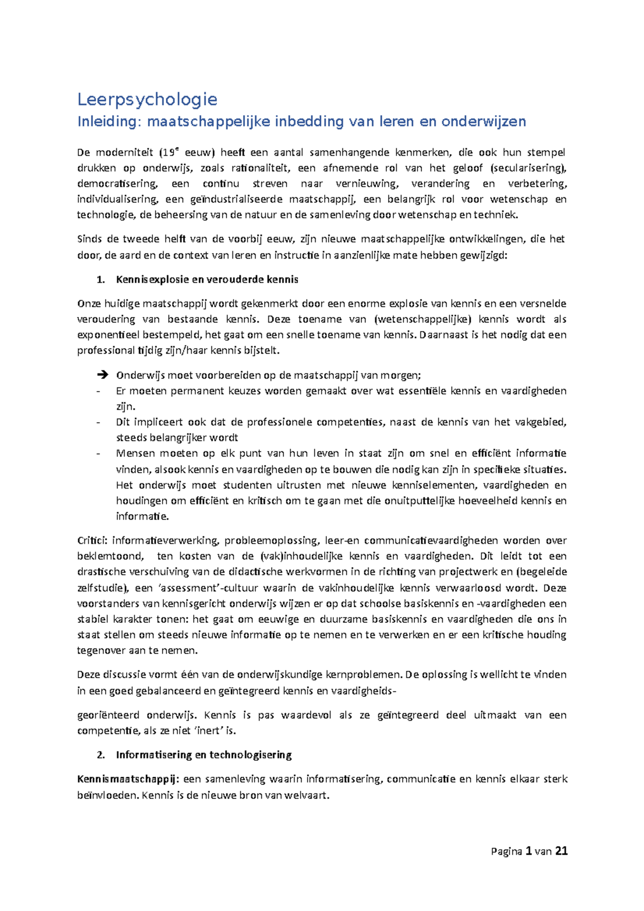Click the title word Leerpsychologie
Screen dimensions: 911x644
click(147, 100)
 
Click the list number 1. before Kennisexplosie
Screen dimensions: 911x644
click(100, 280)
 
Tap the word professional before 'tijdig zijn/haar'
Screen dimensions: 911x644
click(106, 351)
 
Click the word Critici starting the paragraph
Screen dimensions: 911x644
click(92, 541)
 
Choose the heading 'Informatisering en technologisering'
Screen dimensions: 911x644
click(203, 755)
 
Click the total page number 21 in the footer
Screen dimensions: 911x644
click(561, 851)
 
